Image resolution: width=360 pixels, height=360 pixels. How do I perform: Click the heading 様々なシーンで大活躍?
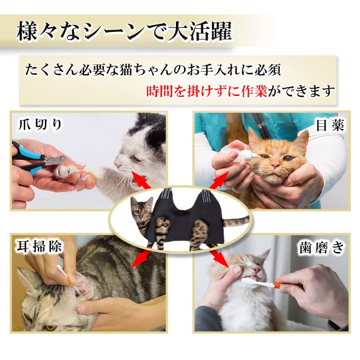tap(124, 33)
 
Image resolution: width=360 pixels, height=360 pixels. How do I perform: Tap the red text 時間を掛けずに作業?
tap(207, 91)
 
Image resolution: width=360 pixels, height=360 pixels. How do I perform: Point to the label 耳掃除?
tap(40, 246)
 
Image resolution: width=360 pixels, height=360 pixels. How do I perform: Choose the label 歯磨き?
tap(321, 247)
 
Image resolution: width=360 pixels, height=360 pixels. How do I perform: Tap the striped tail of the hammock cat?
tap(234, 221)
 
